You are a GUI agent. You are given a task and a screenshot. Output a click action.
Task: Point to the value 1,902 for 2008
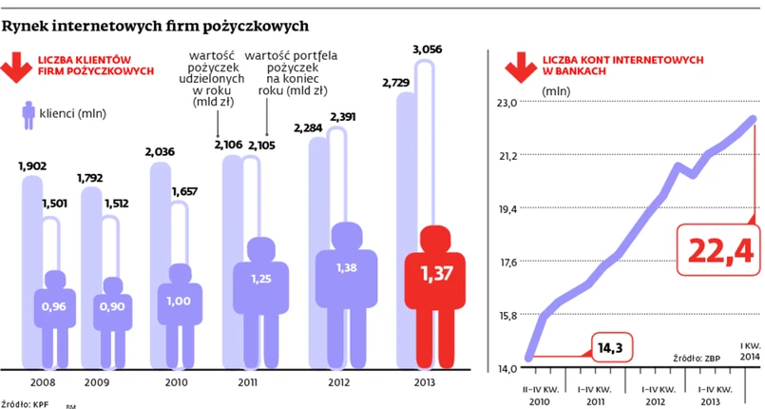[x=33, y=167]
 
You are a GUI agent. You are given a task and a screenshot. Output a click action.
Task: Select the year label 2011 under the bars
[x=246, y=382]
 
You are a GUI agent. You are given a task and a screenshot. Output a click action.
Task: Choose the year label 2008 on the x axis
[x=43, y=382]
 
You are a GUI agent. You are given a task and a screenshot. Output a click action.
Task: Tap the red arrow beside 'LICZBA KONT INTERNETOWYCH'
[x=518, y=68]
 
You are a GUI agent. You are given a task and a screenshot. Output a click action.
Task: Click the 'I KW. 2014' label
[x=748, y=349]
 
